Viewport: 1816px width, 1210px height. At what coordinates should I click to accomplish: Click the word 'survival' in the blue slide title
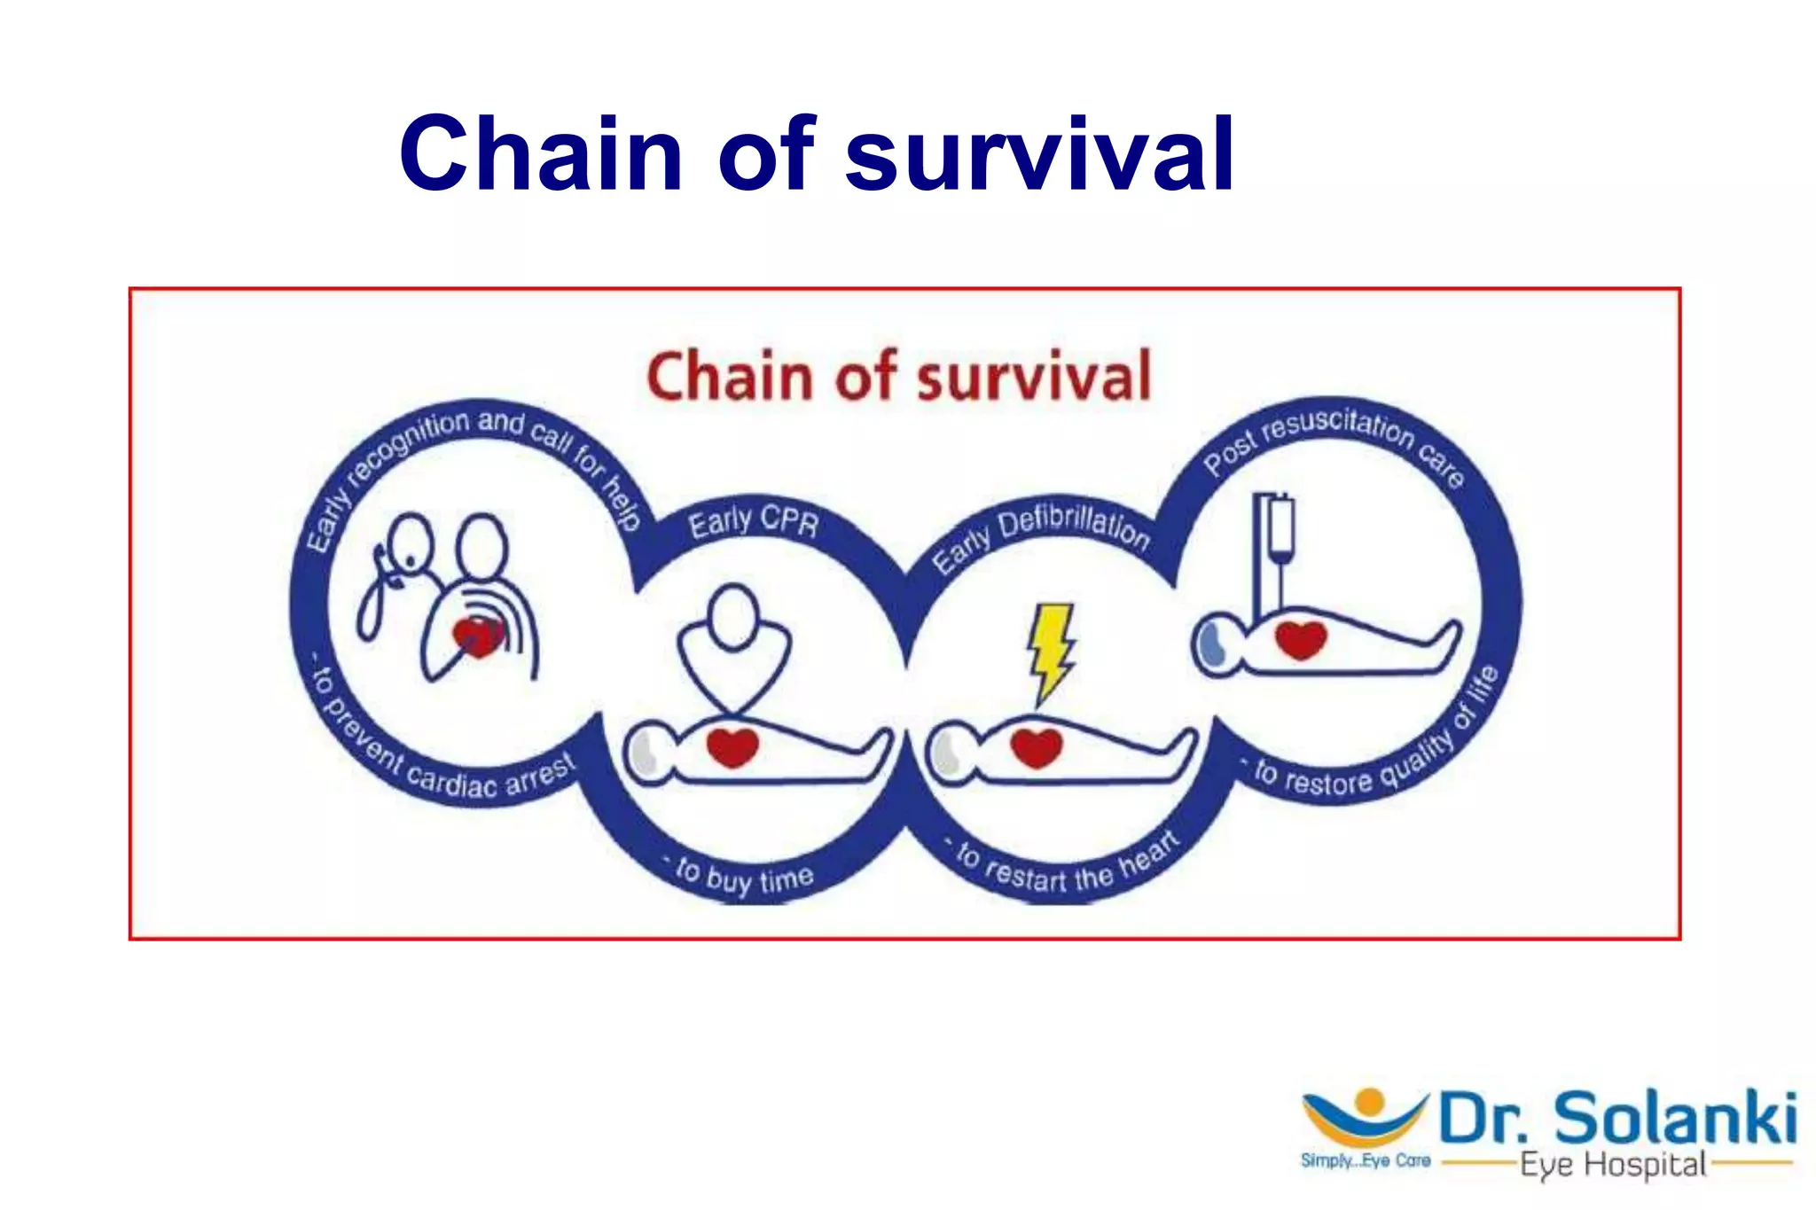[1039, 155]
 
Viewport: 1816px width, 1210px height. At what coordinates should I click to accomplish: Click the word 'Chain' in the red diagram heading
[729, 378]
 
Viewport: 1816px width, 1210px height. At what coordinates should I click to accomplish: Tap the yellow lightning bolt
[1052, 650]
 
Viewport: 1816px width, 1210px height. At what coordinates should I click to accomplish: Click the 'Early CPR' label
[754, 522]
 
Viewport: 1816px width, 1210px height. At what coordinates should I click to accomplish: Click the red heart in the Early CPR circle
[732, 747]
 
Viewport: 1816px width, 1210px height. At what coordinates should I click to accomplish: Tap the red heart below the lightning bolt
[1037, 747]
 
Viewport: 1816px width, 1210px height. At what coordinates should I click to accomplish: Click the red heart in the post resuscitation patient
[1301, 640]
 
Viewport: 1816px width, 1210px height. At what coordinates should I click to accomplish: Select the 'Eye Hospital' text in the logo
[1612, 1164]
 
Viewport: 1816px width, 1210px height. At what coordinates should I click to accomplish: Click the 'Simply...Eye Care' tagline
[1365, 1160]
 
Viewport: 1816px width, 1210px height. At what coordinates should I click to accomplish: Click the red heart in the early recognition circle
[478, 636]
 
